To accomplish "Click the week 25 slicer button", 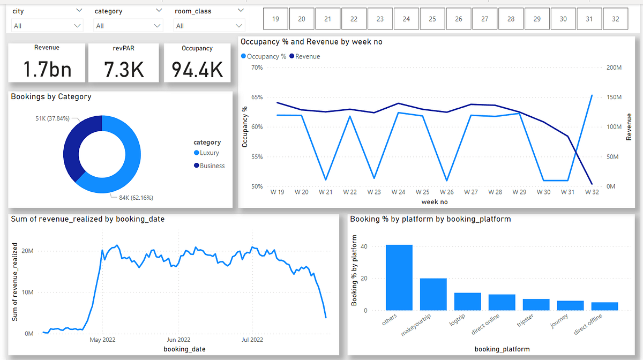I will [432, 19].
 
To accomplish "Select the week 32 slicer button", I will [616, 19].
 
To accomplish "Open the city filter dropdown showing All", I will [47, 26].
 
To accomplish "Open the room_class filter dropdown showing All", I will [209, 26].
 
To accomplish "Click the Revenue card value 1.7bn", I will [47, 69].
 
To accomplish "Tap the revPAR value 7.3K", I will [124, 69].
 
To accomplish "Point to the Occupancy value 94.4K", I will [197, 69].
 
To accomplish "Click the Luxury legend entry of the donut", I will [209, 153].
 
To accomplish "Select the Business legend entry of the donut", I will [212, 166].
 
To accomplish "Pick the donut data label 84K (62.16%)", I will [132, 198].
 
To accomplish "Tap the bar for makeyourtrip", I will [433, 294].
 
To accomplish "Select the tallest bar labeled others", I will [399, 277].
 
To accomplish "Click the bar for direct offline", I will [604, 306].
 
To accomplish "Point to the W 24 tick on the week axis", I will [398, 192].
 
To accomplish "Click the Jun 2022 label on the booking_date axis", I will [178, 340].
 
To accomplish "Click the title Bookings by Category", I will [51, 97].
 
